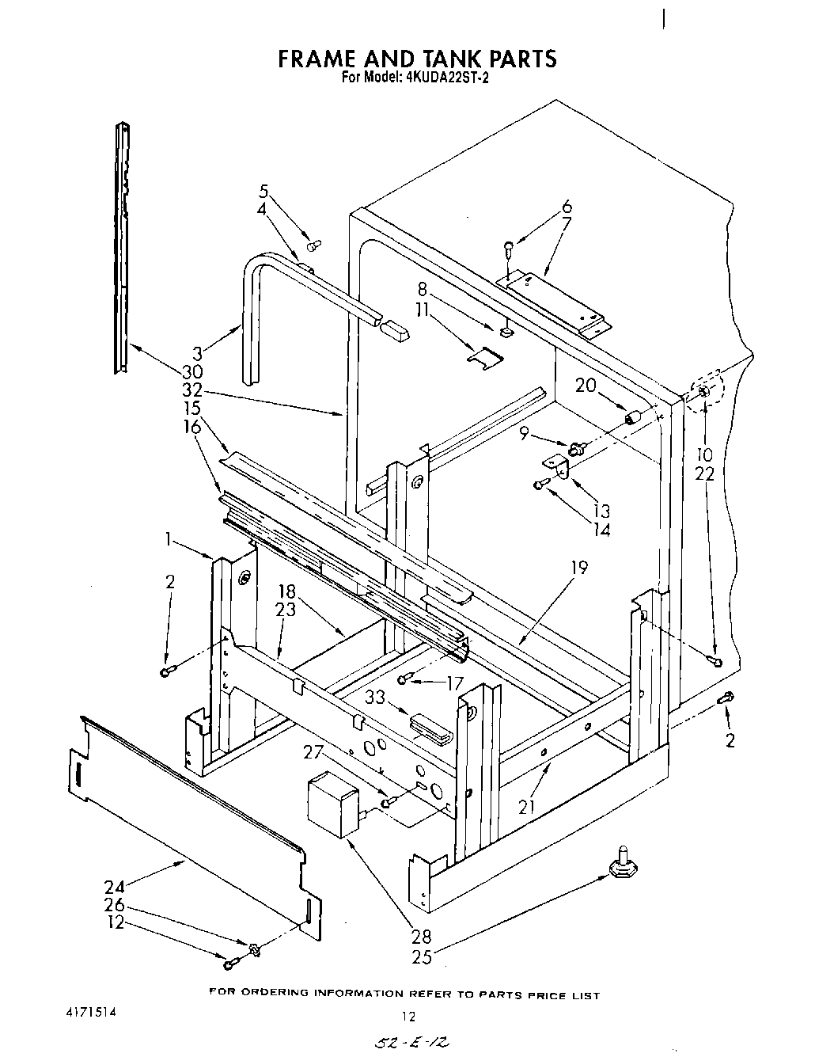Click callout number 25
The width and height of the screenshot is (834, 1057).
[x=422, y=957]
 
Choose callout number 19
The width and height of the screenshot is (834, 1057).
[x=579, y=568]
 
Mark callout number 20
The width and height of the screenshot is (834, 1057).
[x=586, y=386]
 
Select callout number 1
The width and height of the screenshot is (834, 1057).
[x=169, y=540]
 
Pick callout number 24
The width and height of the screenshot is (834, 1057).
[x=114, y=887]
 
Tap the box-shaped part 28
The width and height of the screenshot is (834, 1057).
[x=332, y=804]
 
